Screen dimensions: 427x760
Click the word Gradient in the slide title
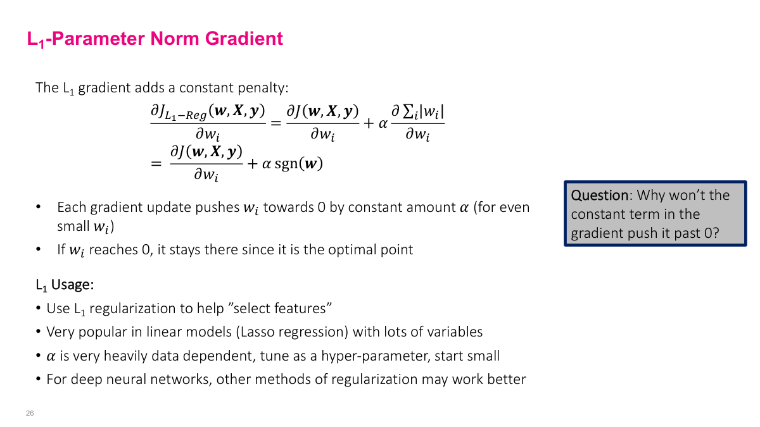pyautogui.click(x=244, y=39)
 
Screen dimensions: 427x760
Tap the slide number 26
pyautogui.click(x=30, y=413)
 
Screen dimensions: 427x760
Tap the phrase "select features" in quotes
pyautogui.click(x=282, y=309)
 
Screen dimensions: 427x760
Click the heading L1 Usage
pyautogui.click(x=65, y=285)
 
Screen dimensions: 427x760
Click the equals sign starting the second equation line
pyautogui.click(x=156, y=164)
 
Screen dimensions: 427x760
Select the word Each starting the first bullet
pyautogui.click(x=70, y=207)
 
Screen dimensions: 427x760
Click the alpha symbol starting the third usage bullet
pyautogui.click(x=51, y=356)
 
